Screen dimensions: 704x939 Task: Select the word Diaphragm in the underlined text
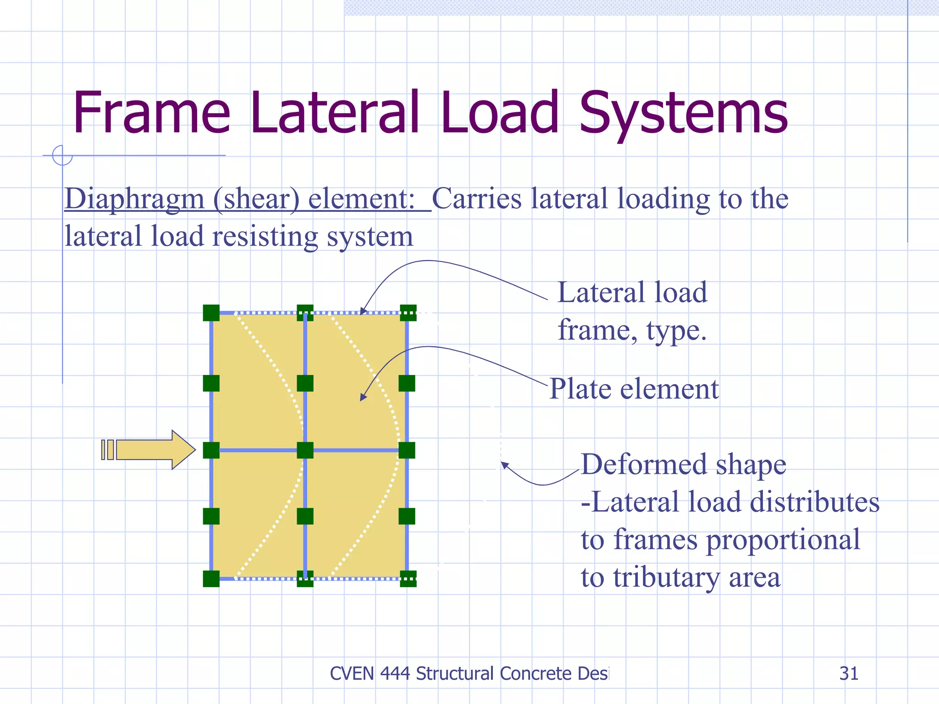pos(134,199)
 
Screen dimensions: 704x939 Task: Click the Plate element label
pos(634,389)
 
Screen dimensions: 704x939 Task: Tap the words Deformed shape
pos(683,465)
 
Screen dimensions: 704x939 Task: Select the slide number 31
pos(849,673)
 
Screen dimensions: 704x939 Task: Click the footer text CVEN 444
pos(370,673)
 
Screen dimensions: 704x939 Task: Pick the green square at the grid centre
pos(305,450)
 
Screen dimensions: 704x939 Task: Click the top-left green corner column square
pos(211,313)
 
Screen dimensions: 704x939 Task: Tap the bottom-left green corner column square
pos(211,579)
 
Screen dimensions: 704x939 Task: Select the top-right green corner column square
pos(408,313)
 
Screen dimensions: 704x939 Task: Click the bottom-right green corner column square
pos(408,579)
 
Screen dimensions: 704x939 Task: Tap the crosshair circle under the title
pos(62,155)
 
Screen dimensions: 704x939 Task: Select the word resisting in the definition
pos(265,237)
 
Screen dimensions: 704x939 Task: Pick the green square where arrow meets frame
pos(211,450)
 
